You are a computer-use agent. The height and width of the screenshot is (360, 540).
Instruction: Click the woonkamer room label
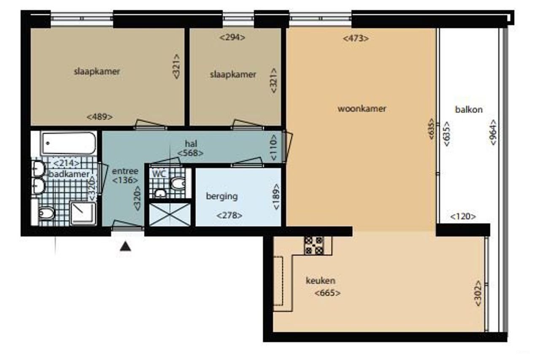point(362,108)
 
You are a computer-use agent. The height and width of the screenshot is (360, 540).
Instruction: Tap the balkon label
point(469,110)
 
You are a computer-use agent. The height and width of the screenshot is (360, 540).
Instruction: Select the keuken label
point(320,281)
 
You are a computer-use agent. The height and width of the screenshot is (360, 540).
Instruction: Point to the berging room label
point(221,196)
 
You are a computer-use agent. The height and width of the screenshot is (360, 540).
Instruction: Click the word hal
point(191,143)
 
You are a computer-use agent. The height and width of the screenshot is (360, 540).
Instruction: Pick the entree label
point(125,171)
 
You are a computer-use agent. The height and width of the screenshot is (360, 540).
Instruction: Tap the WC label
point(159,173)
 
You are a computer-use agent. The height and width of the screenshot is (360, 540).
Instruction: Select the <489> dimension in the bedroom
point(99,117)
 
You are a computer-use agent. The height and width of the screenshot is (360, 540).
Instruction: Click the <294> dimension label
point(232,37)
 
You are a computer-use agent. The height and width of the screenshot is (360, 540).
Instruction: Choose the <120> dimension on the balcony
point(463,217)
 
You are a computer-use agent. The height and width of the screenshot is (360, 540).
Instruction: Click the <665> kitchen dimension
point(327,293)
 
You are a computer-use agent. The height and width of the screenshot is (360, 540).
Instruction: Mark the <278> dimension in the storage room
point(229,215)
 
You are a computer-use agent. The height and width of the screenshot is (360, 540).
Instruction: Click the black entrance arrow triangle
point(125,246)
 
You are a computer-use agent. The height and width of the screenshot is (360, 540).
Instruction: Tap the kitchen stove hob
point(314,245)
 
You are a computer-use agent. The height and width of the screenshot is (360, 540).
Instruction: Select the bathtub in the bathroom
point(69,143)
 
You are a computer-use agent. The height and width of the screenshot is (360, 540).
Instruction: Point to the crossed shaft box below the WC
point(170,214)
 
